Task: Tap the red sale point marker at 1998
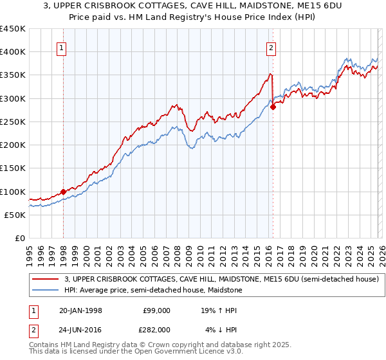click(63, 192)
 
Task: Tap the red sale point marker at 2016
click(273, 107)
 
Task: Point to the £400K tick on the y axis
click(14, 52)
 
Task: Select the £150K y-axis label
click(14, 168)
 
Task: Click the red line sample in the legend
click(46, 279)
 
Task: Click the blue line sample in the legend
click(46, 290)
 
